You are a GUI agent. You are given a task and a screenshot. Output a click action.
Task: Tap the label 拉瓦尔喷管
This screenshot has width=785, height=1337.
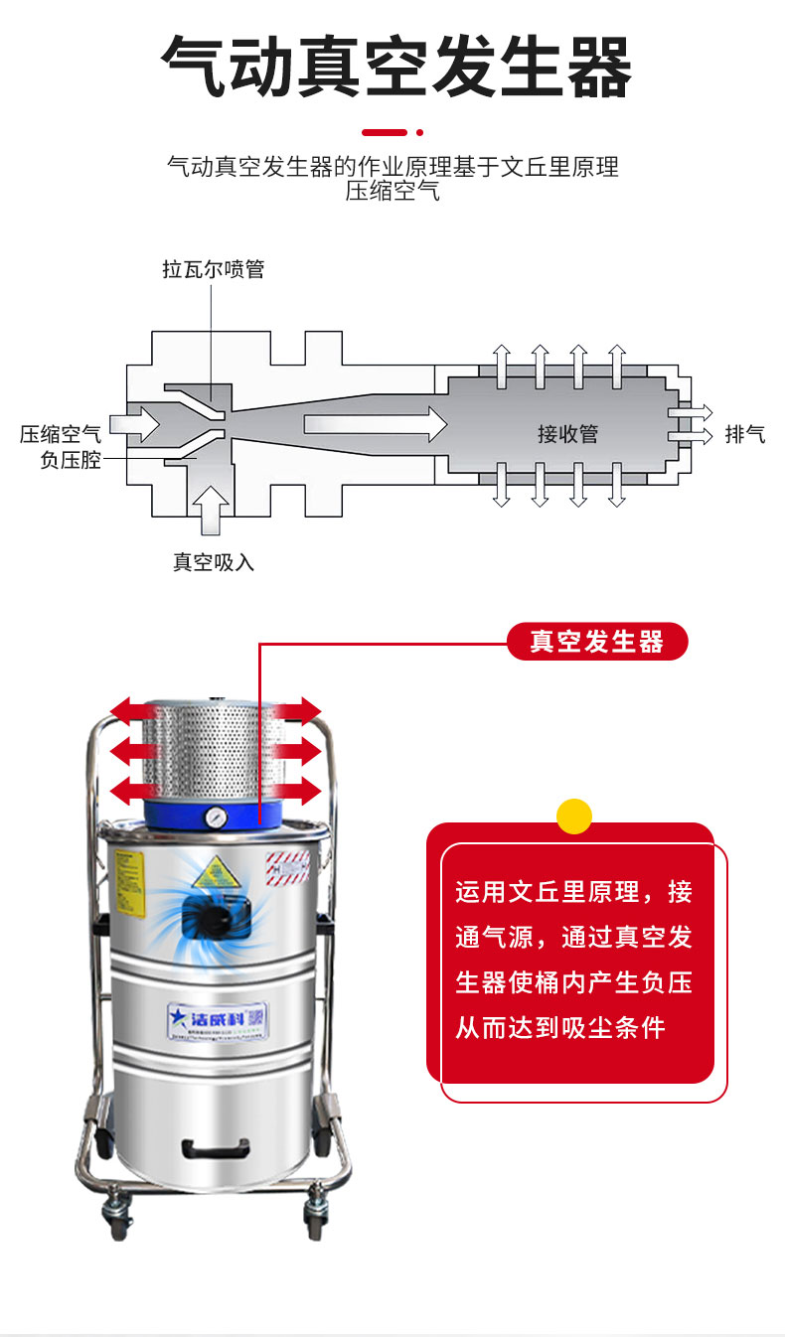point(214,269)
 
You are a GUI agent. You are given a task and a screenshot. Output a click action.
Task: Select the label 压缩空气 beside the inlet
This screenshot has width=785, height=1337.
point(61,434)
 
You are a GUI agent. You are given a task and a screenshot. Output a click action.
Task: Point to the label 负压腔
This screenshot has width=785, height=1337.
point(71,460)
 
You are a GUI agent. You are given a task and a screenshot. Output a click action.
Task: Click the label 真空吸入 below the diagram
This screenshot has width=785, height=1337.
point(214,562)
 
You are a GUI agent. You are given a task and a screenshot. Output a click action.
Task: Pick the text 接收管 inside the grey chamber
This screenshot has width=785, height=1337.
point(567,434)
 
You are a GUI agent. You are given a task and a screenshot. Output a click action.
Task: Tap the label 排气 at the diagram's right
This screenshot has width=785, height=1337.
point(744,434)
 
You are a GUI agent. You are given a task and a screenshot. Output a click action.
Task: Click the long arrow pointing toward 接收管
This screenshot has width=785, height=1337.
point(375,425)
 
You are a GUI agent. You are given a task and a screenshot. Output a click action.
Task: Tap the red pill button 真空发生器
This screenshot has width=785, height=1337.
point(596,642)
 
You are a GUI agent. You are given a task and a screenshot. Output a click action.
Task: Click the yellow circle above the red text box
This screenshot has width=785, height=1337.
point(573,816)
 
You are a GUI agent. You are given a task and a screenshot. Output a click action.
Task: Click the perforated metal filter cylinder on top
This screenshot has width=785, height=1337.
point(214,753)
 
